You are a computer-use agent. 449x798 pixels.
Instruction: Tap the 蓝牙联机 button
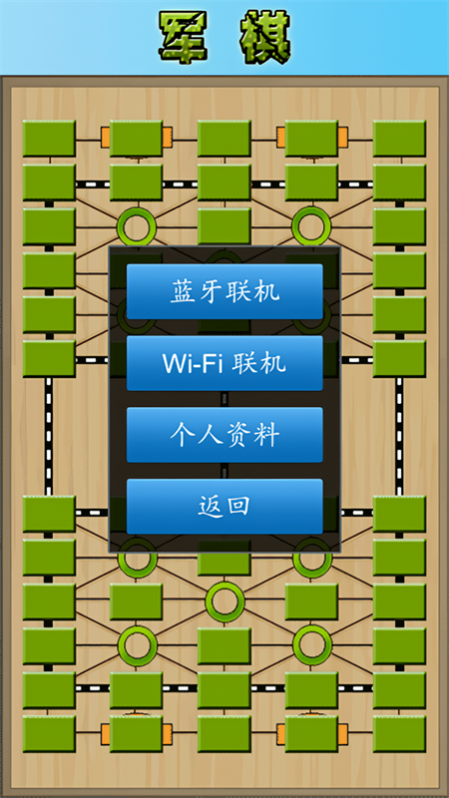(x=224, y=291)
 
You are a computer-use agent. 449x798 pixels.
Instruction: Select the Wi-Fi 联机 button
(x=224, y=363)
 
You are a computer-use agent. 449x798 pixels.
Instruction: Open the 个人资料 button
(x=224, y=435)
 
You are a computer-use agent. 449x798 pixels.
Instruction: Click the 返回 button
(x=224, y=507)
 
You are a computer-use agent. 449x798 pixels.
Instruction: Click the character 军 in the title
(x=184, y=37)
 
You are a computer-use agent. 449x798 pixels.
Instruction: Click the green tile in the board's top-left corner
(x=49, y=139)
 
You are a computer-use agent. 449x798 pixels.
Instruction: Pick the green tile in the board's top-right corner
(x=400, y=139)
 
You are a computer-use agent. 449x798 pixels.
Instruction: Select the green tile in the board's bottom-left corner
(x=49, y=734)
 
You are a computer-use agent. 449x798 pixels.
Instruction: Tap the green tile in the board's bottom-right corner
(x=400, y=734)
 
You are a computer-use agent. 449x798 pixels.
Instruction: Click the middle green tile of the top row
(x=224, y=139)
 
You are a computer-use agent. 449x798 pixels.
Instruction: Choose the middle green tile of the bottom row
(x=224, y=734)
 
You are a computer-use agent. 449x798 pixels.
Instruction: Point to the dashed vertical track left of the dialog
(x=49, y=436)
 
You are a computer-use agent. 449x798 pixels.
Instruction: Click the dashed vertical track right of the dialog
(x=400, y=436)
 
